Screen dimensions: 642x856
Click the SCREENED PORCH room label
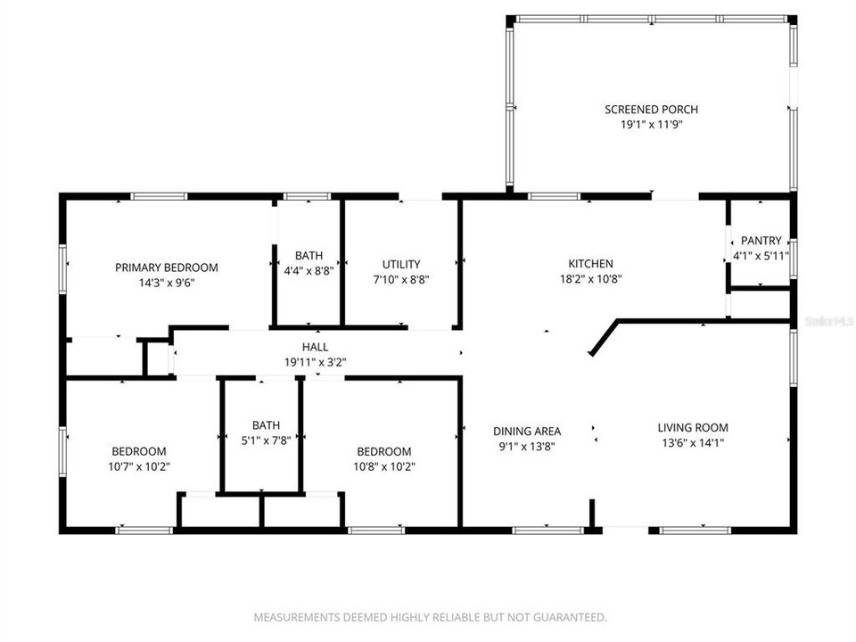pos(651,110)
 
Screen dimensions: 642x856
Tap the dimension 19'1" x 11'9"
pos(651,125)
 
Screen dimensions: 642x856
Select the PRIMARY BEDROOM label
pos(167,267)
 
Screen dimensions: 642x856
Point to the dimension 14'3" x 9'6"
pos(167,283)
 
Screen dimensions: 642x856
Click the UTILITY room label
pos(401,265)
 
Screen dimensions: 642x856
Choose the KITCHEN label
pos(591,264)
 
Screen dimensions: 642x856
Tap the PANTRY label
pos(761,241)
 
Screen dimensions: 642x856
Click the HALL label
pos(315,347)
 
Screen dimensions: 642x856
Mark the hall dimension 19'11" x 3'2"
pos(315,362)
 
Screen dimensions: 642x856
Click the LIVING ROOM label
pos(693,428)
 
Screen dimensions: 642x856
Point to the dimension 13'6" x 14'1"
pos(693,443)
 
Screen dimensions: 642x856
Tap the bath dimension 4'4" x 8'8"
pos(309,270)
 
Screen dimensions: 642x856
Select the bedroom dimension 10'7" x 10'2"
pos(138,466)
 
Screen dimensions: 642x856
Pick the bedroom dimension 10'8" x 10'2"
pos(384,466)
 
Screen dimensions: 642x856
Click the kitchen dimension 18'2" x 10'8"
pos(591,279)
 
